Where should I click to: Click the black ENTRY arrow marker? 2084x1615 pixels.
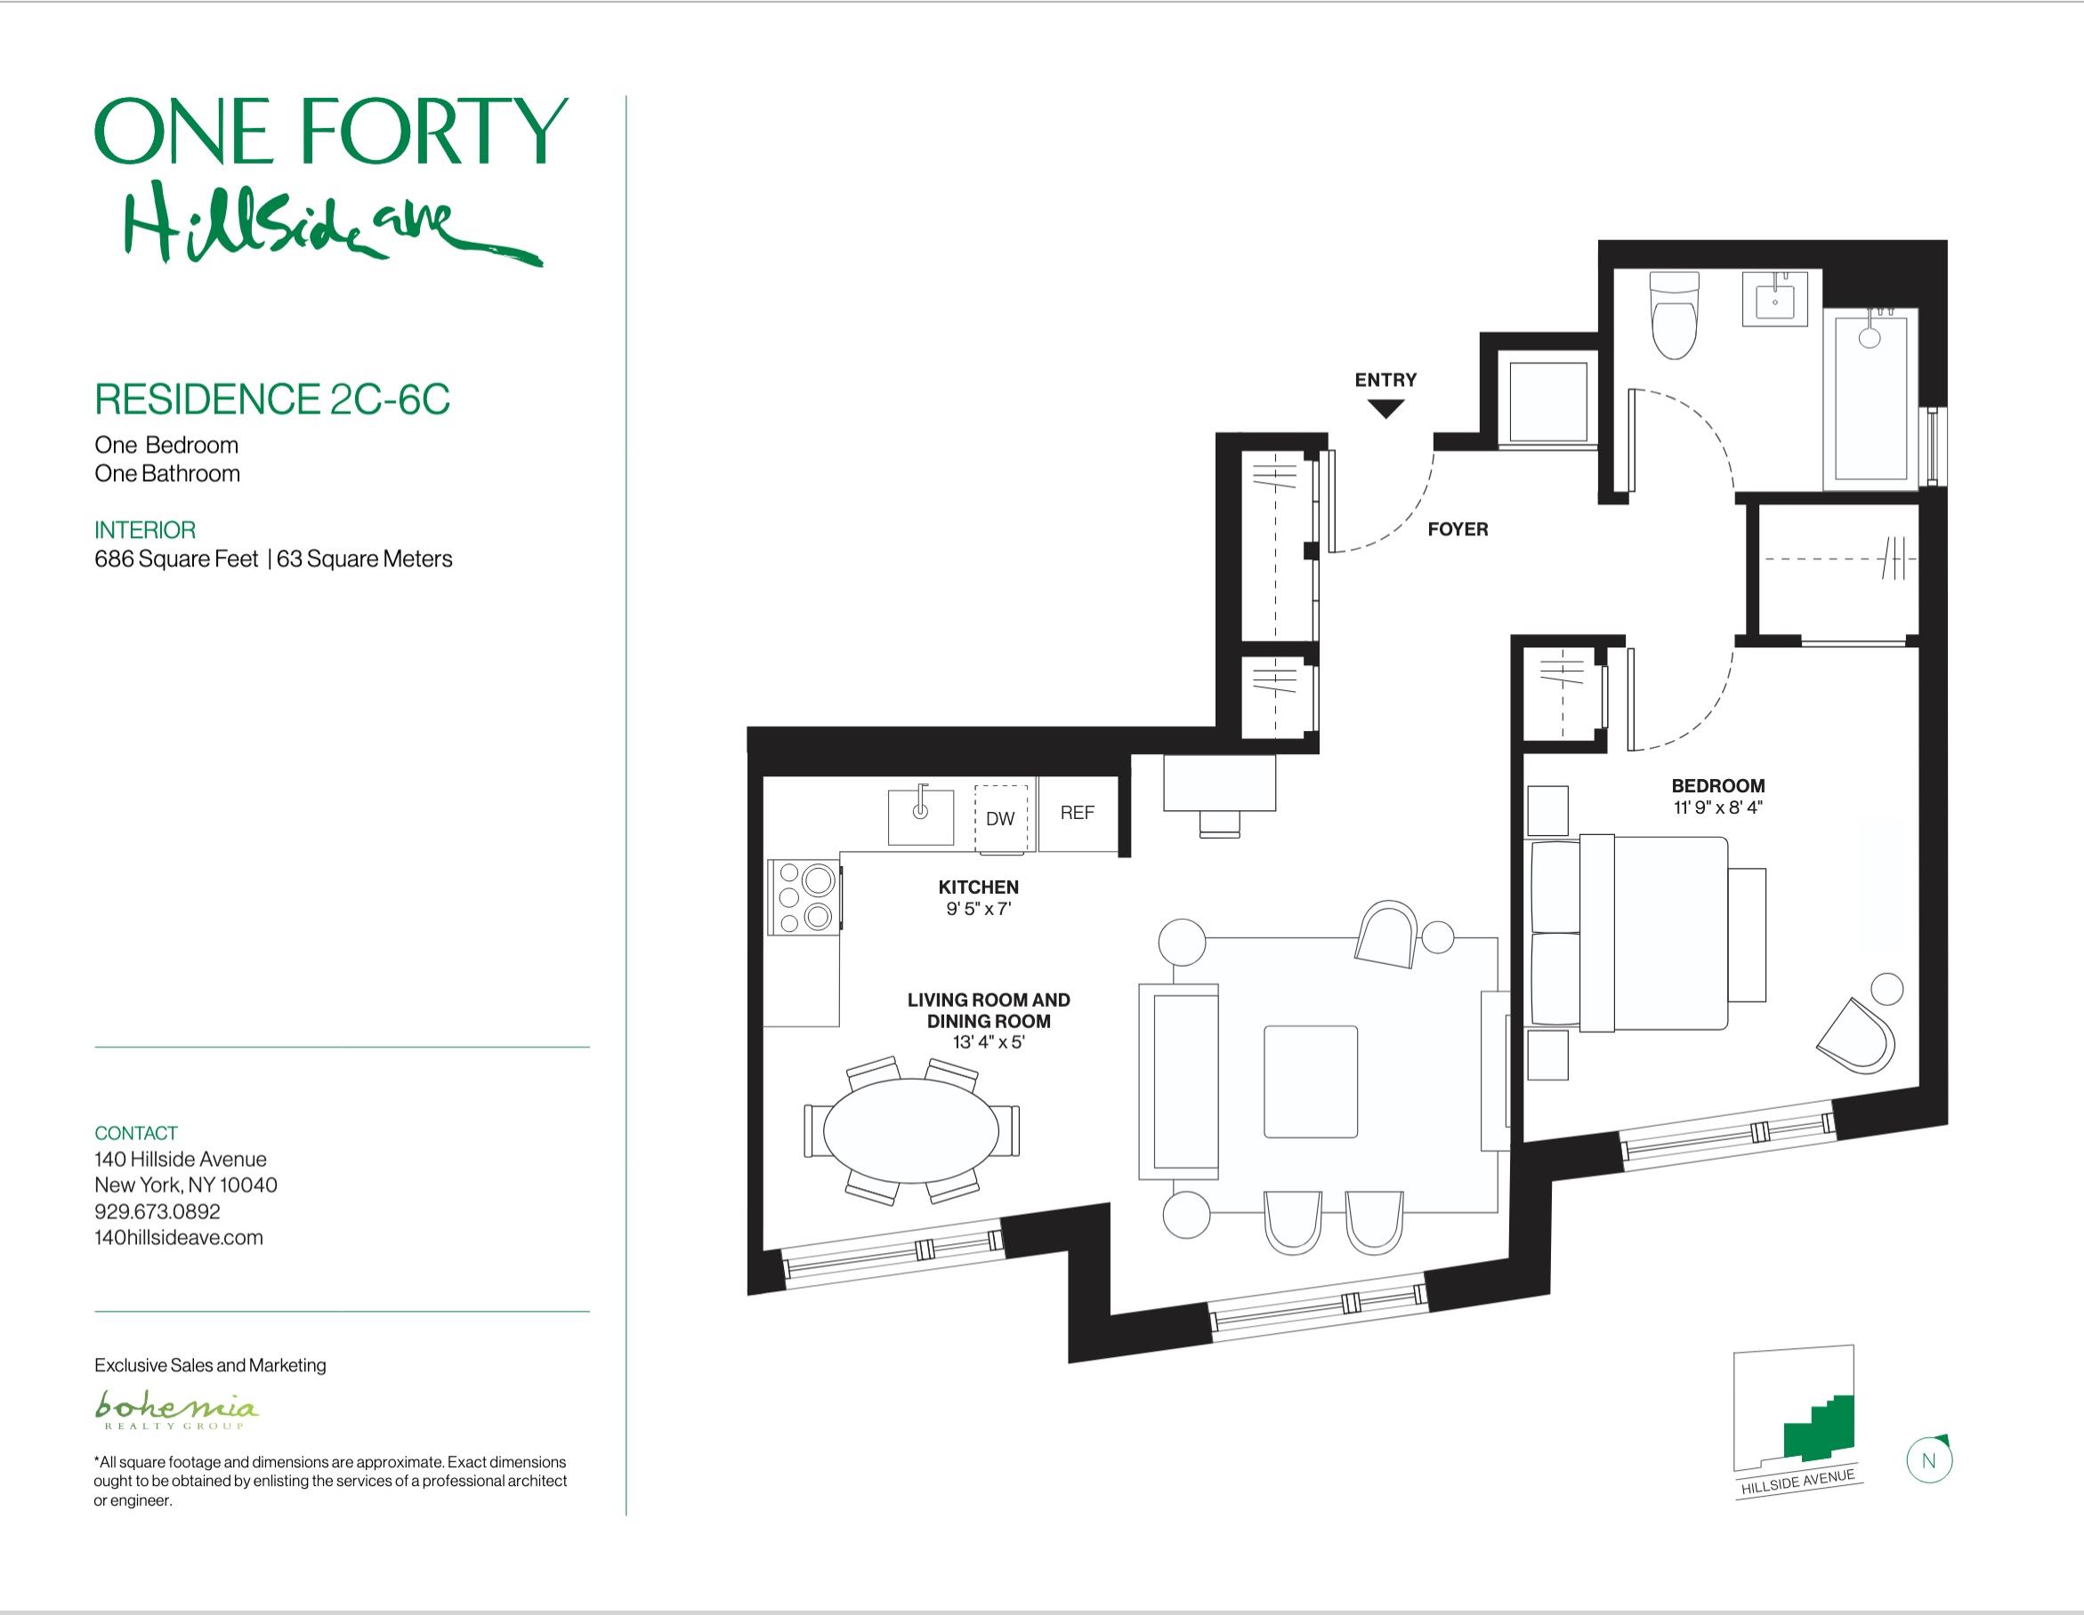(x=1385, y=409)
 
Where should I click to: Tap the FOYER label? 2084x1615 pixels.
(x=1457, y=529)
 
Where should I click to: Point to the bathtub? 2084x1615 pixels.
(x=1870, y=398)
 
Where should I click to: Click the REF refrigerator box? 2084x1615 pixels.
(x=1078, y=814)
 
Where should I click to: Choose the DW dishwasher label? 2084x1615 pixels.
(x=1000, y=818)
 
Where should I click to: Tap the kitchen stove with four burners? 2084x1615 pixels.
(x=804, y=896)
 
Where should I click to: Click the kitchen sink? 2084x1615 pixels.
(x=921, y=816)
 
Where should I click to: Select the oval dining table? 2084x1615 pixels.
(x=911, y=1131)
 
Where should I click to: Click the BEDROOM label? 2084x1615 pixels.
(x=1717, y=786)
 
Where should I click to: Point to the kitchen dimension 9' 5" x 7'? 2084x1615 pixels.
(x=978, y=909)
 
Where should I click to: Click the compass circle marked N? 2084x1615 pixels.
(x=1928, y=1460)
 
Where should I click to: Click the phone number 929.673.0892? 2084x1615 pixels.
(x=158, y=1211)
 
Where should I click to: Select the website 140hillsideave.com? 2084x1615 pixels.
(x=179, y=1237)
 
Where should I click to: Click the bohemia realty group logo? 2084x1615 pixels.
(x=175, y=1410)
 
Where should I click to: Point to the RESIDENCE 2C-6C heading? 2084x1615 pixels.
(x=272, y=398)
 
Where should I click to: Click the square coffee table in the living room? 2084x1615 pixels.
(x=1311, y=1081)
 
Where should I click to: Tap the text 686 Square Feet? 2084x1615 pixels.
(x=176, y=559)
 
